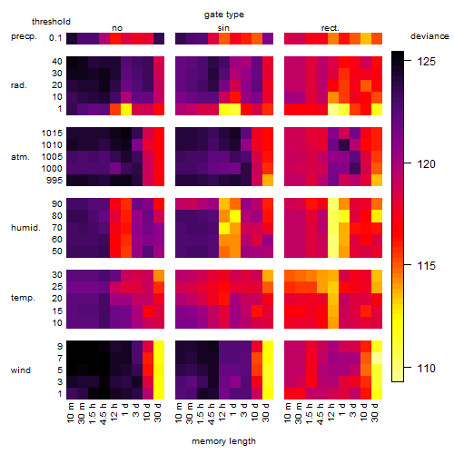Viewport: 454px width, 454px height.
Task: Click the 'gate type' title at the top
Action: (224, 15)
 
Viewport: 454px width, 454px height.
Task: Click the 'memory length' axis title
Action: (223, 441)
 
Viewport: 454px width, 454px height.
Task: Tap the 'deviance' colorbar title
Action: (429, 36)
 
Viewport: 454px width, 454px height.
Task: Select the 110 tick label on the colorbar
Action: (427, 369)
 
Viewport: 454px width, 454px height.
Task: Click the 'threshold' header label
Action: (51, 22)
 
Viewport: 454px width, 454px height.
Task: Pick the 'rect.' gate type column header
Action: (331, 28)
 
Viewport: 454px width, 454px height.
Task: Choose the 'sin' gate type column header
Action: (223, 28)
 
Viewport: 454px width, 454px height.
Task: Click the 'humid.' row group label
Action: (25, 228)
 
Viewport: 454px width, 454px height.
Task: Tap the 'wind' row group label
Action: (21, 370)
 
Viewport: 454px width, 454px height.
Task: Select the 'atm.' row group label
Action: (20, 157)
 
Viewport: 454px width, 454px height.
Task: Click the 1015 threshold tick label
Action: (52, 133)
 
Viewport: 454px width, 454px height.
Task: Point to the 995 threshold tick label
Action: (54, 181)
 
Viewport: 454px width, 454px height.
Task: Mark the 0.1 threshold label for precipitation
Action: (55, 38)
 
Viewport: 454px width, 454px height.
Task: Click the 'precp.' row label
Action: (24, 36)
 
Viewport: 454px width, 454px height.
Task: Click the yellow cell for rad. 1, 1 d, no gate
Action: (126, 109)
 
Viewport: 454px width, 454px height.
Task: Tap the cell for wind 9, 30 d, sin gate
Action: (268, 347)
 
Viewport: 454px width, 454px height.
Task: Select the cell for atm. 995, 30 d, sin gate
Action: (268, 181)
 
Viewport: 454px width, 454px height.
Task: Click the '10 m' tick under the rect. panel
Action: (288, 413)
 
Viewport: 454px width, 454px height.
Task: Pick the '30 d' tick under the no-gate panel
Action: (157, 413)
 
